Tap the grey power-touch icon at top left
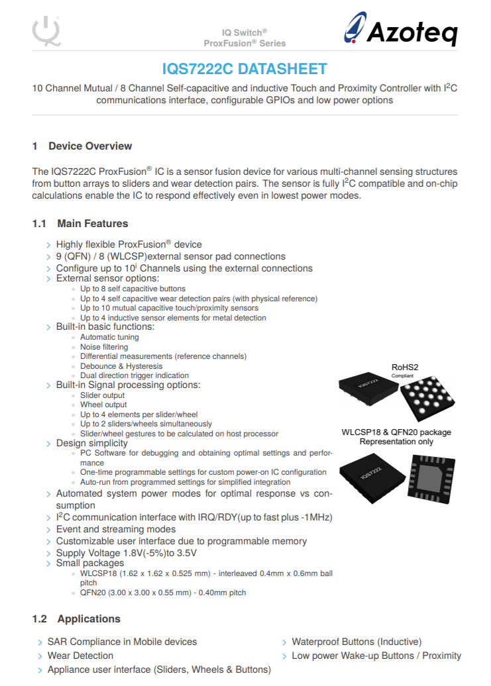tap(46, 30)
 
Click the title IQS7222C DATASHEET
tap(245, 70)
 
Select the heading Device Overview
tap(90, 146)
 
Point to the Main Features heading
tap(92, 224)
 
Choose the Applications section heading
tap(89, 619)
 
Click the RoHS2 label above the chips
tap(406, 367)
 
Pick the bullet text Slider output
tap(102, 395)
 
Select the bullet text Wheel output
tap(103, 405)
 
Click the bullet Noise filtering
tap(104, 347)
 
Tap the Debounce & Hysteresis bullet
tap(121, 366)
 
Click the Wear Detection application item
tap(80, 656)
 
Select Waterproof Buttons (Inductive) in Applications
tap(356, 642)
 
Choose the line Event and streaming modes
tap(116, 529)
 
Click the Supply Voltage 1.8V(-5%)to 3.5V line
tap(126, 553)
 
